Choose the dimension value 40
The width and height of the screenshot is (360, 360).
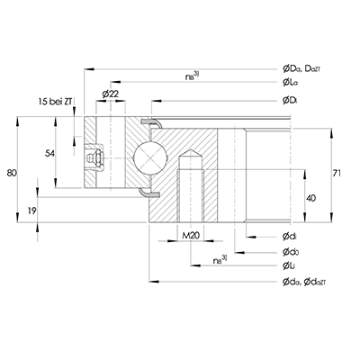(x=310, y=198)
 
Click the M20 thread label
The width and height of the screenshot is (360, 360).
(x=190, y=237)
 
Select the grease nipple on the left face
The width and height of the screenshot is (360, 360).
(x=93, y=159)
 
